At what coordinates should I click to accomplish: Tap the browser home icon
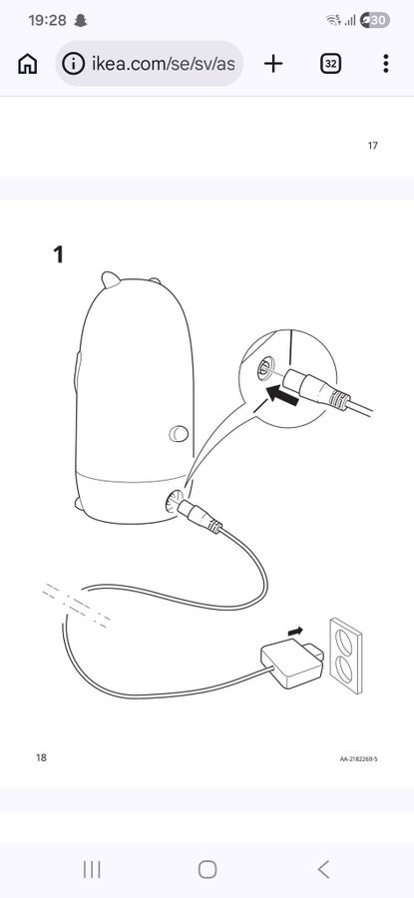click(28, 64)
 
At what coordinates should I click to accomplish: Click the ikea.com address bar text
click(164, 64)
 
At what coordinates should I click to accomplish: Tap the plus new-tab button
click(273, 64)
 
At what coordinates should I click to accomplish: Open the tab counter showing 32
click(330, 64)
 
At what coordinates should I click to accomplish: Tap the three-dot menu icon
click(386, 64)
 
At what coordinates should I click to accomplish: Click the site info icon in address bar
click(73, 64)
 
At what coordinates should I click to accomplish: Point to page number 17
click(373, 146)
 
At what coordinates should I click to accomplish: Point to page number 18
click(41, 757)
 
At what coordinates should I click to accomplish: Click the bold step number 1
click(58, 254)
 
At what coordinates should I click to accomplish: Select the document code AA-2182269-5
click(359, 759)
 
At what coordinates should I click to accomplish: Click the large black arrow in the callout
click(283, 396)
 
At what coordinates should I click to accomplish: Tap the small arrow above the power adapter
click(295, 632)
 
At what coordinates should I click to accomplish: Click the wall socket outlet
click(346, 656)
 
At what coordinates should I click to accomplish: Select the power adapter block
click(292, 664)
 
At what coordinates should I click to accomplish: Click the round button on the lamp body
click(179, 434)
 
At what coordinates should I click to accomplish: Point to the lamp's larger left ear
click(111, 279)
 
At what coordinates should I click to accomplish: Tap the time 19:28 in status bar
click(47, 21)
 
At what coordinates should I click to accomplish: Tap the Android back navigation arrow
click(323, 869)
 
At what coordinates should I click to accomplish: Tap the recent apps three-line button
click(92, 869)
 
